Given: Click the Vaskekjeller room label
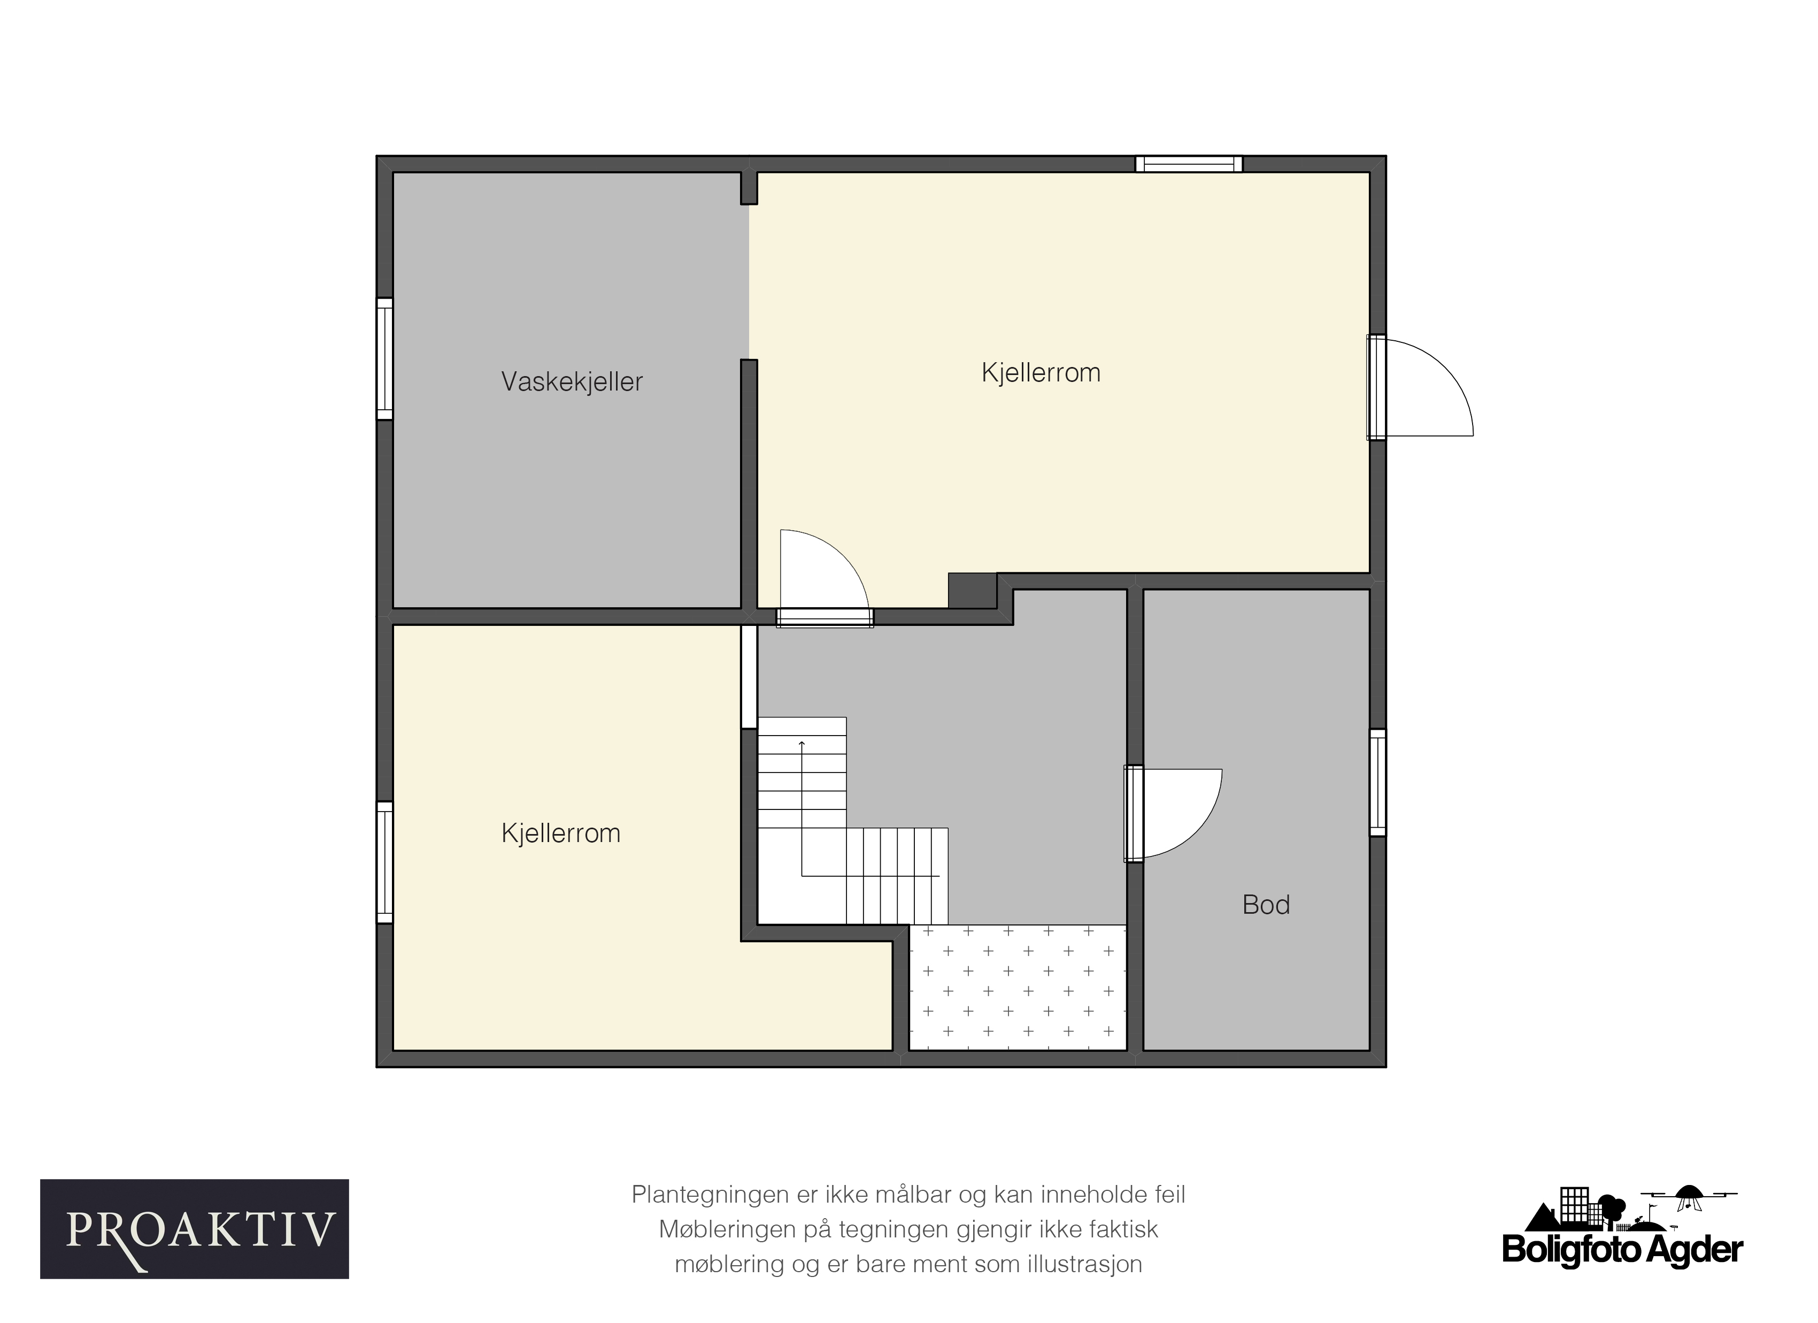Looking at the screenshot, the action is click(572, 381).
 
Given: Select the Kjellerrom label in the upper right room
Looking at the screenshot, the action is click(1041, 373).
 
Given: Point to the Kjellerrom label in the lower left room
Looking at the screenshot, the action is click(560, 834).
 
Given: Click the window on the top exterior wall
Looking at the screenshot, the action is click(1189, 164).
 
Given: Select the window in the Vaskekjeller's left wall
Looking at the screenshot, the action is click(385, 358).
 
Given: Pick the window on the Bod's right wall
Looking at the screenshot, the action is click(1377, 783).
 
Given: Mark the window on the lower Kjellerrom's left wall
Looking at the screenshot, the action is click(385, 862).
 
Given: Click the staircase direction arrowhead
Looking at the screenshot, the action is click(802, 744).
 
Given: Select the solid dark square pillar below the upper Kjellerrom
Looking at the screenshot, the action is click(972, 591).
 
